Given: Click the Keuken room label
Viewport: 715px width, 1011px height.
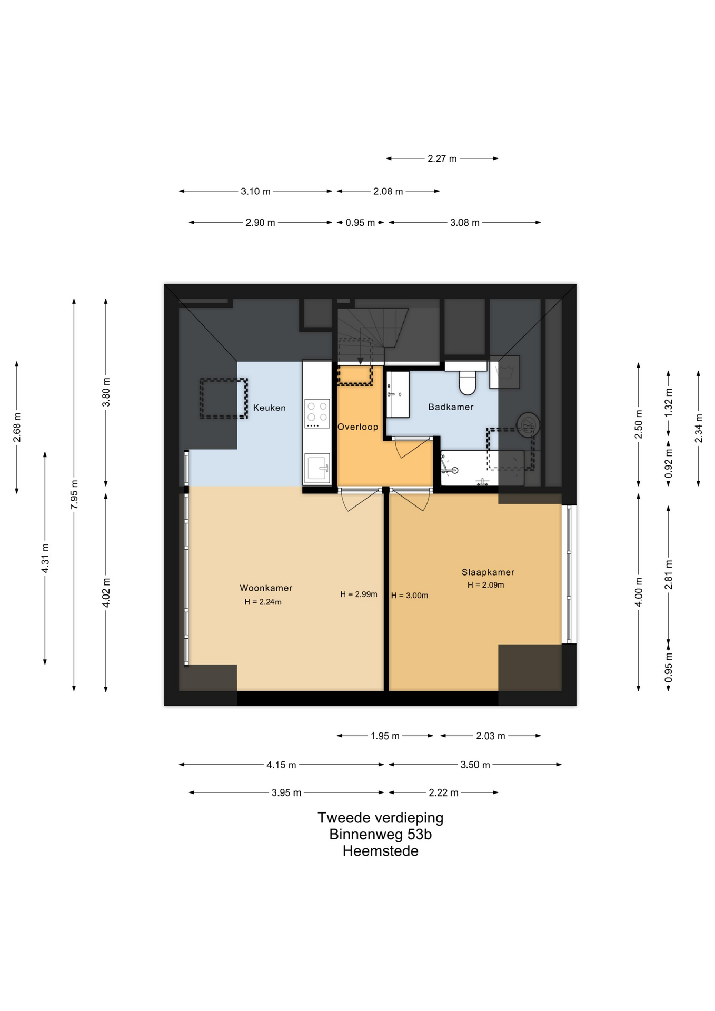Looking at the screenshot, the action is (x=269, y=408).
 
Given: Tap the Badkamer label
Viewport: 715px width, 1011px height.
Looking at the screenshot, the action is (x=451, y=407).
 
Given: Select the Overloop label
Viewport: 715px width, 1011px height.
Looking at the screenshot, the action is (x=357, y=427).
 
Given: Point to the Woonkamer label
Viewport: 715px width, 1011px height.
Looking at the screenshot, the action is (x=266, y=588).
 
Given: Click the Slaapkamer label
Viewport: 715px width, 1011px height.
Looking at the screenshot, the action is (x=488, y=572).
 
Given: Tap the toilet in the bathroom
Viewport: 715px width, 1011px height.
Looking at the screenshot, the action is (x=468, y=382).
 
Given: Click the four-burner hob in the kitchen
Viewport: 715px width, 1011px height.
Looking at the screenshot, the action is (x=317, y=413).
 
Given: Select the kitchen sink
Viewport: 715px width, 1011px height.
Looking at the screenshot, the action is (x=317, y=468).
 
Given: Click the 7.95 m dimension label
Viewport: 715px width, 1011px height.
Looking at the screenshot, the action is (x=74, y=494).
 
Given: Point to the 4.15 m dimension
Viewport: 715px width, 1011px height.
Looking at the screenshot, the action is (x=281, y=765).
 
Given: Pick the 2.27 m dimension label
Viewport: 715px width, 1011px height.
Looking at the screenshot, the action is (x=442, y=158).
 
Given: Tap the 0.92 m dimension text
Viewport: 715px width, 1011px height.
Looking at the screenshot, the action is (x=669, y=463).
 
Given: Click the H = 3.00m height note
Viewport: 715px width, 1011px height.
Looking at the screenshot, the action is (x=410, y=596).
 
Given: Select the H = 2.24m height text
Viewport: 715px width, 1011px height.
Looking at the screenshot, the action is (x=263, y=602).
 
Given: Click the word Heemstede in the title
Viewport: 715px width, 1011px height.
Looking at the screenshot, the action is (x=381, y=851).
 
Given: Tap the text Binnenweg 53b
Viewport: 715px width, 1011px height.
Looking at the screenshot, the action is (x=381, y=834).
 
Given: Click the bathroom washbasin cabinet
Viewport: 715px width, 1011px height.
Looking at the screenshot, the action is (x=398, y=394).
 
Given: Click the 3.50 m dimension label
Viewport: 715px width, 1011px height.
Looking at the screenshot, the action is (x=475, y=765).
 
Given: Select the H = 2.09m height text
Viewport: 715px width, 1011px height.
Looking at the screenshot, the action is (x=486, y=585).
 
